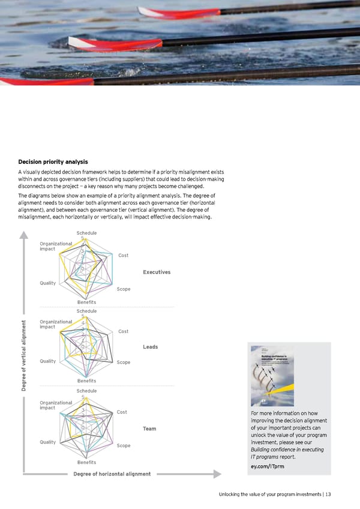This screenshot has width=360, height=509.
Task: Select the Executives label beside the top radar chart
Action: (x=157, y=273)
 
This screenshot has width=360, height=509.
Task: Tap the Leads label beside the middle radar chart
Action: (x=151, y=347)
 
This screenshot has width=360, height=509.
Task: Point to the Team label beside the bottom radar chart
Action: (x=149, y=429)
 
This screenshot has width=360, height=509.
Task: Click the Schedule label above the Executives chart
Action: (x=86, y=233)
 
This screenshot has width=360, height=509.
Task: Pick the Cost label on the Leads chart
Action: (x=124, y=331)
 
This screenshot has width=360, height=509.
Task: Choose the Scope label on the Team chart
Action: (x=124, y=446)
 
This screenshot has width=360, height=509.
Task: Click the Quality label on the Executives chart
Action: (x=48, y=283)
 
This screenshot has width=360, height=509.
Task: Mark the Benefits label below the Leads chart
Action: (x=86, y=381)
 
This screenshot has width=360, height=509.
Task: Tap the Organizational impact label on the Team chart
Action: (x=56, y=405)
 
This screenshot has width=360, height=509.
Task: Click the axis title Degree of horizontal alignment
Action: (x=112, y=474)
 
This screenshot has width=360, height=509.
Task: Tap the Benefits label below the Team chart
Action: (x=86, y=462)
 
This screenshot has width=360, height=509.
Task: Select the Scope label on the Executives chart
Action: (x=124, y=290)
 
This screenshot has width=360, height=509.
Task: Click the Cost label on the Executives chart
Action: (x=124, y=256)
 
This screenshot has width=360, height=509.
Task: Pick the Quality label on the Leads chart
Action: (x=48, y=361)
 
